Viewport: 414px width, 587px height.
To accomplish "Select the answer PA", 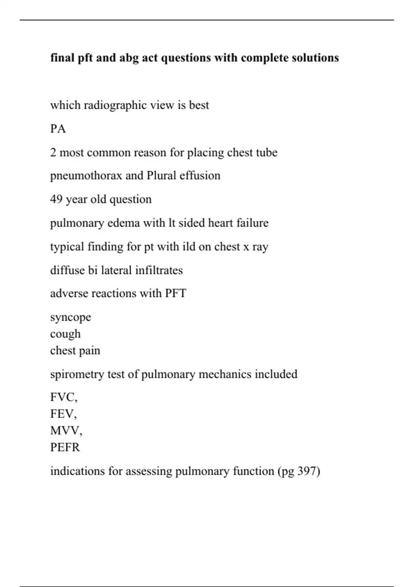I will pos(58,129).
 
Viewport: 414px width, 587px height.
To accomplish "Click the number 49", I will pos(56,200).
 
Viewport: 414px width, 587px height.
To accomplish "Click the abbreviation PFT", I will pos(176,293).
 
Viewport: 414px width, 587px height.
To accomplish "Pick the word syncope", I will pos(71,317).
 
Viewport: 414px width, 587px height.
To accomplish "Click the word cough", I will pos(65,334).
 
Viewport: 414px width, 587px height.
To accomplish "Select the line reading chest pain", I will pos(75,350).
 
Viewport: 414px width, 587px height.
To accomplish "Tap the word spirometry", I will pos(77,374).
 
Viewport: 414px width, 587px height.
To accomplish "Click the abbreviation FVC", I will pos(63,397).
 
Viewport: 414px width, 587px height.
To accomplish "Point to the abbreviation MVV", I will pos(65,431).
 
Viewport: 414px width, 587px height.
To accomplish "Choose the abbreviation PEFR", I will pos(65,448).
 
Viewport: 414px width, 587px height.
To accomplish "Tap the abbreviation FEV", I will pos(62,414).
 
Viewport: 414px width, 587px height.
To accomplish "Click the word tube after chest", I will pos(266,153).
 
